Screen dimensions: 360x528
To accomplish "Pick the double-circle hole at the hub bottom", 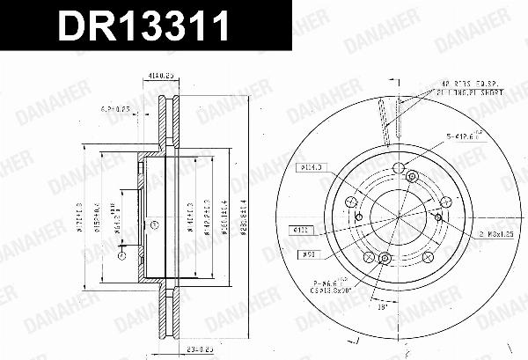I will click(x=384, y=258).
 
